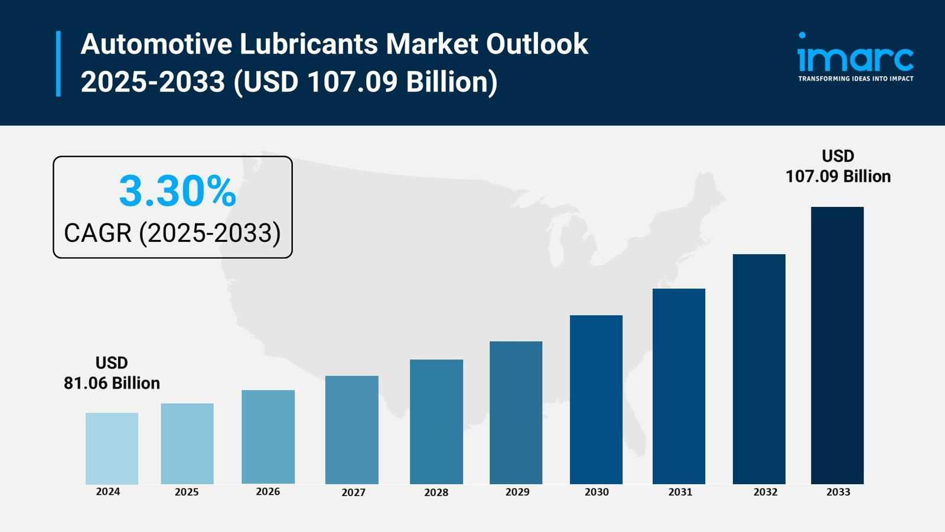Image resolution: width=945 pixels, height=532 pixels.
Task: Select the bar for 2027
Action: (351, 430)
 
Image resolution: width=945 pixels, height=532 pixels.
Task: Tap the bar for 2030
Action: (596, 400)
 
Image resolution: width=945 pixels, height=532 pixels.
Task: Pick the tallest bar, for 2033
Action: (837, 345)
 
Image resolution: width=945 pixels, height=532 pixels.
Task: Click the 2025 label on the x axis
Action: (187, 492)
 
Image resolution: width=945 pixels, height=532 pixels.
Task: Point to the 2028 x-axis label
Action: (436, 492)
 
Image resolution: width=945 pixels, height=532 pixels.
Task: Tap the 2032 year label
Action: (765, 492)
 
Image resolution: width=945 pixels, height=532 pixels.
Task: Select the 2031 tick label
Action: (680, 492)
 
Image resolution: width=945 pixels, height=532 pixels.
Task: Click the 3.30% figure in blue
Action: (177, 191)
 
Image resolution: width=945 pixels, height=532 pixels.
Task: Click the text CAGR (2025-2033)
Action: (172, 233)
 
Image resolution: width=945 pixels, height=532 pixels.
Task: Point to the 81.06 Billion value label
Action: (112, 383)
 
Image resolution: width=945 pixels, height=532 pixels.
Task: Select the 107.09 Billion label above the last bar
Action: (838, 176)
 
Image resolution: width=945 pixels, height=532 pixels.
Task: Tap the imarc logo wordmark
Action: (855, 56)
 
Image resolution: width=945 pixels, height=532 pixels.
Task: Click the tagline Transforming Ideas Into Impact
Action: (855, 79)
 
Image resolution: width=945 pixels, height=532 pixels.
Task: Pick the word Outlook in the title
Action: (537, 44)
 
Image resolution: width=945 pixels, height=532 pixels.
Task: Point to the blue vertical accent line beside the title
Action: (58, 63)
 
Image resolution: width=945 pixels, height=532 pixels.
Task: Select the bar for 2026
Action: (268, 437)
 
